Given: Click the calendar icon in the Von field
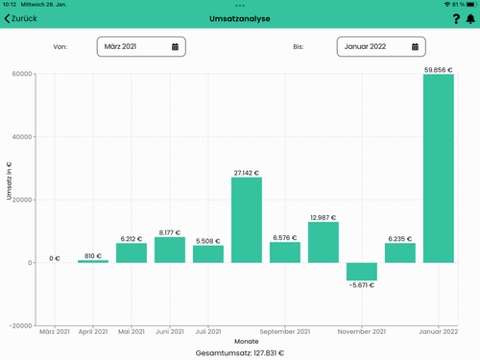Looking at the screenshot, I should click(x=175, y=46).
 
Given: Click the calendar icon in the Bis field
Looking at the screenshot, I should click(x=415, y=46).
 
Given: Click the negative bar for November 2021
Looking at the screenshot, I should click(x=361, y=272).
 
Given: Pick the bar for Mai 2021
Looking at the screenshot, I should click(x=132, y=252).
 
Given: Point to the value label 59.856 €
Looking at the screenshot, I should click(x=438, y=69).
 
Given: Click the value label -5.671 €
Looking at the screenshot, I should click(x=361, y=285).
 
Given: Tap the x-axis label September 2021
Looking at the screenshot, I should click(x=285, y=332).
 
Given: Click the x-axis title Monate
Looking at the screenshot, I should click(x=247, y=341).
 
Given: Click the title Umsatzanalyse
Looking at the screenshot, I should click(x=239, y=18).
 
